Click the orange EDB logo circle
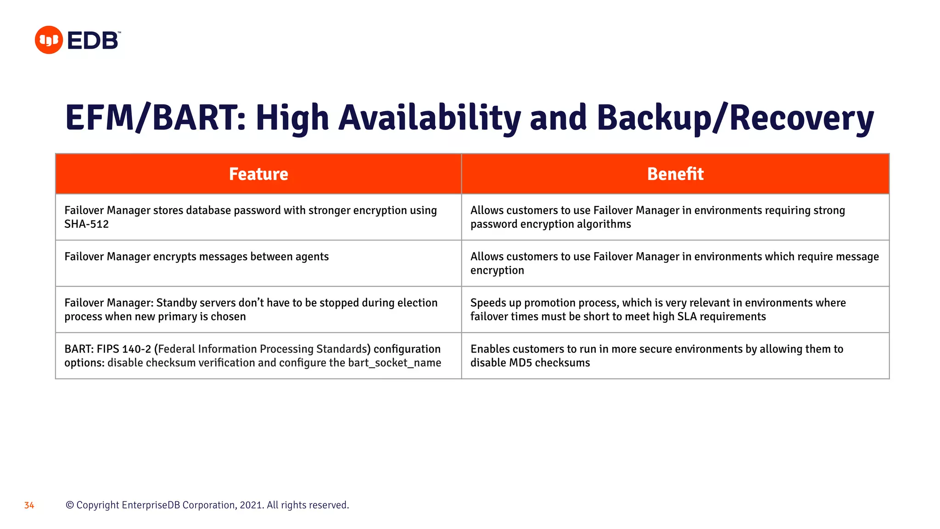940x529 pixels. [49, 40]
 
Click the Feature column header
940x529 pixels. [258, 174]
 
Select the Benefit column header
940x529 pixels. [675, 174]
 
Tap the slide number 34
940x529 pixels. [29, 506]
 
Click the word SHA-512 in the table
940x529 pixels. [86, 225]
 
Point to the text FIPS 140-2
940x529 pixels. [124, 349]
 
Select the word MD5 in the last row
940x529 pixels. [520, 363]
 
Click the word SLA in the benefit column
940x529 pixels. [687, 316]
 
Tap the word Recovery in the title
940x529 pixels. [801, 118]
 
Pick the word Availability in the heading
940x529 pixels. [429, 118]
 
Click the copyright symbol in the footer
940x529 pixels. [70, 505]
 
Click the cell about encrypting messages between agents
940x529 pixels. [196, 257]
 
